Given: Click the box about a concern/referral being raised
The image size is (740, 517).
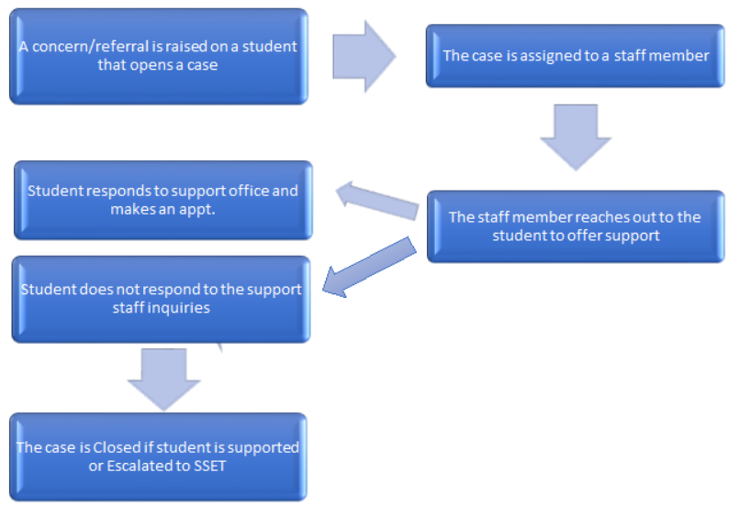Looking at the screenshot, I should point(158,56).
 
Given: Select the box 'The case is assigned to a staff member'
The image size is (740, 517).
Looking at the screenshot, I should point(576,56).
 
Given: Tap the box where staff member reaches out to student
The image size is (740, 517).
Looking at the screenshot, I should point(576,225).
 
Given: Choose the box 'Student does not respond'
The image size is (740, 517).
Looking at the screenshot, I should point(161,299).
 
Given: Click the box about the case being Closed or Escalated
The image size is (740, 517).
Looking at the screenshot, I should point(158,456).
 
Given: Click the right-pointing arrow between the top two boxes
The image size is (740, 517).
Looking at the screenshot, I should point(363,56).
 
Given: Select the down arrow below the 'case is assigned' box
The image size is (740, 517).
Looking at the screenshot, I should point(576,135).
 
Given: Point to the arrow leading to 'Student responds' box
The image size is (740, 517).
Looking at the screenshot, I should point(376,200).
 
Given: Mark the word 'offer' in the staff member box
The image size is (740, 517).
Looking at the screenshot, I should point(583,236).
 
